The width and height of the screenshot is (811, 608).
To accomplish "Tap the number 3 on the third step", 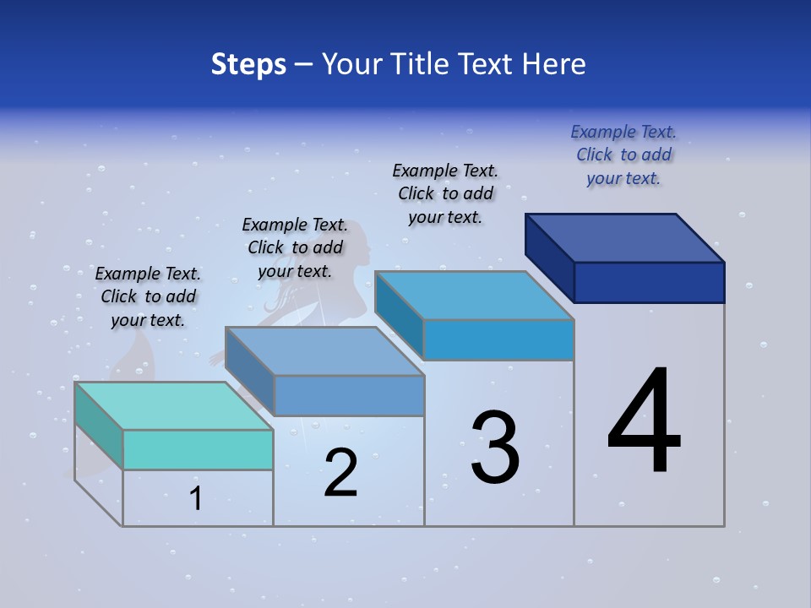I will point(495,447).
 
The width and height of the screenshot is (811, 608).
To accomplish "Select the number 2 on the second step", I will point(341,472).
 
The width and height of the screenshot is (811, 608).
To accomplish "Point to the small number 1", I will point(196,499).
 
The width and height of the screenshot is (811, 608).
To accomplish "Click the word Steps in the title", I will point(248,64).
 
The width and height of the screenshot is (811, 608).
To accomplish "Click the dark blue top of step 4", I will point(625,238).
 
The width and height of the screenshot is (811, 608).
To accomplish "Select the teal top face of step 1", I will point(173,405).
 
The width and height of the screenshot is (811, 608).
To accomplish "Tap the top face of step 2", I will point(324,351).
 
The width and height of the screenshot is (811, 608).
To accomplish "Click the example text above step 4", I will point(623,155).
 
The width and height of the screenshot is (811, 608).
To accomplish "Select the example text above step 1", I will point(148,297).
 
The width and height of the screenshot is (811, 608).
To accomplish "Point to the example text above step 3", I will point(445,194).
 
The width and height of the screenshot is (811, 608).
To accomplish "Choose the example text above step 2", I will point(295,248).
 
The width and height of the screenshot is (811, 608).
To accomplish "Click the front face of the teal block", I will point(198,449).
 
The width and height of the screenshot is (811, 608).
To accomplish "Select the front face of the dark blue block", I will point(649,282).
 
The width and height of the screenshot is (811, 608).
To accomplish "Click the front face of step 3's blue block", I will point(498,339).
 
